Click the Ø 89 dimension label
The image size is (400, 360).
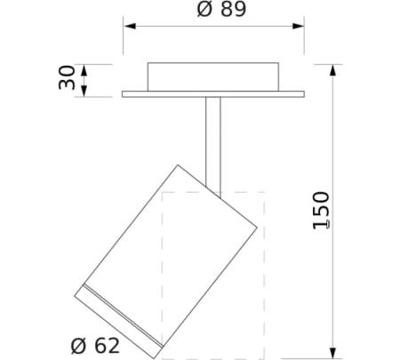pos(221,9)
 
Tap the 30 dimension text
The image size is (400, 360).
pos(67,77)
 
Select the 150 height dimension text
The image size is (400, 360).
pos(321,211)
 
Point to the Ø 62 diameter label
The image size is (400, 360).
pos(95,346)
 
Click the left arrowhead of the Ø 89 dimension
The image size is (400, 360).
pos(130,26)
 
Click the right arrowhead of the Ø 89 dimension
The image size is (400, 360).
pos(298,26)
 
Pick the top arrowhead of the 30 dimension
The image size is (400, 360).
pos(84,70)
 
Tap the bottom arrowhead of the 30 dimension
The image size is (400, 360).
pos(84,91)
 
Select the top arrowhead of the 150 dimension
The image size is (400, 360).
pos(333,70)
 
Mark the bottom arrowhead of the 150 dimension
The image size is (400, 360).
pos(333,353)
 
